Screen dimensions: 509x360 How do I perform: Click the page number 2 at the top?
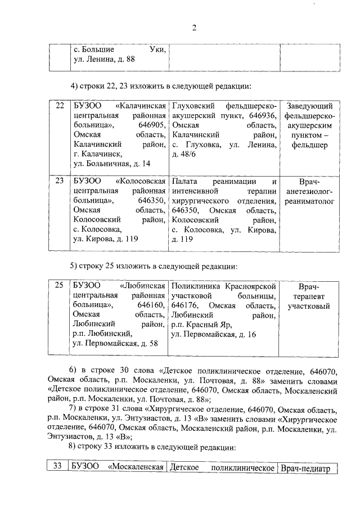tap(194, 29)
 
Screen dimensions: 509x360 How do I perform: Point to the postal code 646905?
tap(152, 125)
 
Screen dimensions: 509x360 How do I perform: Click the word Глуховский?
tap(194, 106)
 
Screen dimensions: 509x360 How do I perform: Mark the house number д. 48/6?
tap(183, 154)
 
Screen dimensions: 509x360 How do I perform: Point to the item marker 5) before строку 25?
tap(74, 265)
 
